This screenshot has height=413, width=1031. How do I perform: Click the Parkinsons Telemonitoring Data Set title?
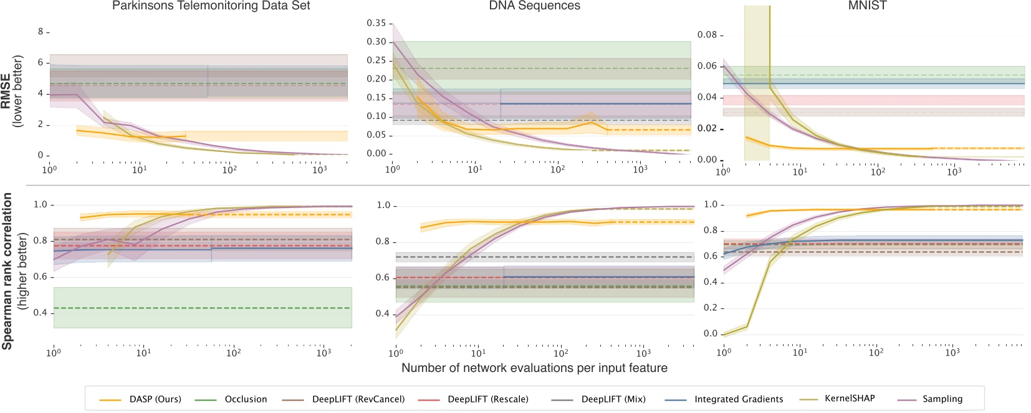211,6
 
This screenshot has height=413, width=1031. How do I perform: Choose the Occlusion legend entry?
246,399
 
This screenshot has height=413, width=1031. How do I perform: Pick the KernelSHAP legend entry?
849,399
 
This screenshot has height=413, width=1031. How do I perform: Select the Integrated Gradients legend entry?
738,399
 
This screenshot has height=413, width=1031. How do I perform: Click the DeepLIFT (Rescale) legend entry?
487,399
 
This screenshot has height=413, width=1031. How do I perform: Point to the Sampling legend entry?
942,399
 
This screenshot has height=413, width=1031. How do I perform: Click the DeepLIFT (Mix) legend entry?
613,399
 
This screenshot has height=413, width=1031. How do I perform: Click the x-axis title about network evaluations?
534,368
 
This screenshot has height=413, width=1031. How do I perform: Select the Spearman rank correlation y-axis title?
7,271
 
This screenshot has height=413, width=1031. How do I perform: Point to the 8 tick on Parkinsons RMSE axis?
41,31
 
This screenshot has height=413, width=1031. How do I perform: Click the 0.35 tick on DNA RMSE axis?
376,23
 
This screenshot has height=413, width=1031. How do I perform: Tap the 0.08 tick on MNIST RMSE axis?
707,35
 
